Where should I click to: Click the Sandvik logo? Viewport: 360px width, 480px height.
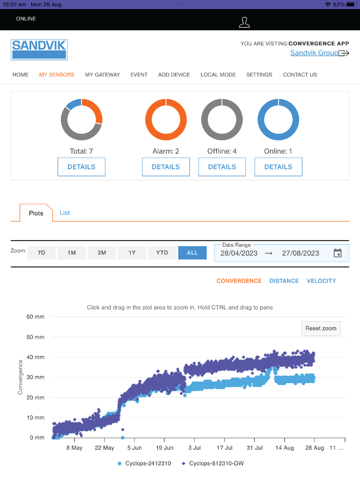[39, 50]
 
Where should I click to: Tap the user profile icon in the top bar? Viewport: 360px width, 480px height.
[244, 22]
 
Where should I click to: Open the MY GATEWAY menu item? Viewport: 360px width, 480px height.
[102, 75]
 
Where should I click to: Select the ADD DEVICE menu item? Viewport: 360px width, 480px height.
[174, 75]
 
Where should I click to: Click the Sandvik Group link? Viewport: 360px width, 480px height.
[314, 53]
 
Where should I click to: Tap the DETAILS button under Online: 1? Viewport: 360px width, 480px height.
[278, 167]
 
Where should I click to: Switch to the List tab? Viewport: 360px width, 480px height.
[65, 213]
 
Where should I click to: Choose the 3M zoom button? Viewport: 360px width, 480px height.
[102, 253]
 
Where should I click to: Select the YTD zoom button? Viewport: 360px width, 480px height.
[162, 253]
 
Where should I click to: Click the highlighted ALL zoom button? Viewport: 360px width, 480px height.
[192, 253]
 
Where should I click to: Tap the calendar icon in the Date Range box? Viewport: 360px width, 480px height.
[338, 253]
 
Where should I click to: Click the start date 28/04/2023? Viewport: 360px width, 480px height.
[239, 253]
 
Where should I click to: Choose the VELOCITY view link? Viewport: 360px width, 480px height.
[321, 281]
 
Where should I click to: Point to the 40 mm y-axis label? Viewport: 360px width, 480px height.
[35, 357]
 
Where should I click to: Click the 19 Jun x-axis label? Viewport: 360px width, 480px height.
[165, 448]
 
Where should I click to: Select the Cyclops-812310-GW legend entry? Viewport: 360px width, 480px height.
[216, 463]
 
